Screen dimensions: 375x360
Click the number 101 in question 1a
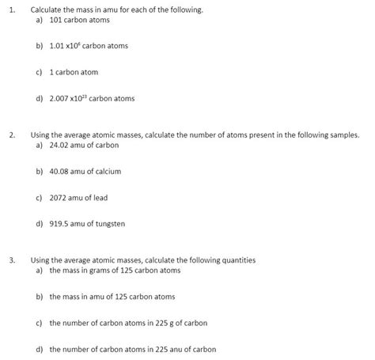coord(55,20)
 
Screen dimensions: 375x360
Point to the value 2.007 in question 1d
coord(60,99)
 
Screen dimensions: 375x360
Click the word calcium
coord(109,171)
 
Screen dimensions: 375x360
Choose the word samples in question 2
coord(343,135)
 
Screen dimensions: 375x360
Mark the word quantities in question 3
coord(237,260)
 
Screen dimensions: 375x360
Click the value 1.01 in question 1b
coord(56,46)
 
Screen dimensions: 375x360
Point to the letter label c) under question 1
coord(40,72)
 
